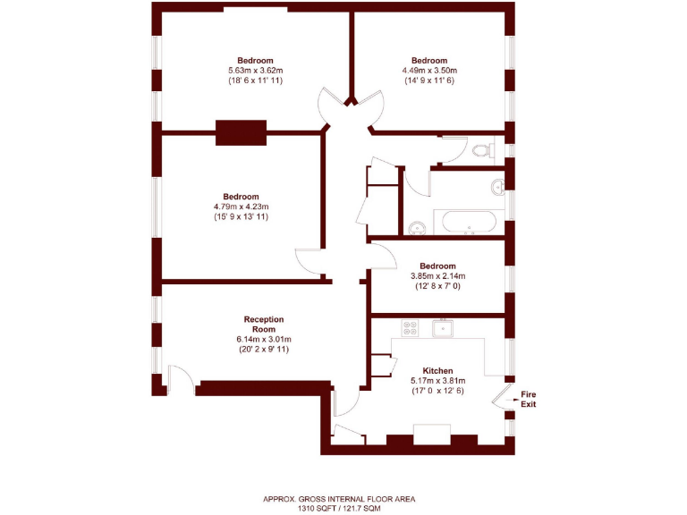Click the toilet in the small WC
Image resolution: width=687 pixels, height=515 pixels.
tap(480, 149)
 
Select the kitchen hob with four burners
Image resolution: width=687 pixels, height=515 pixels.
tap(411, 328)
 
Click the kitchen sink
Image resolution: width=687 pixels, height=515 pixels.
tap(443, 329)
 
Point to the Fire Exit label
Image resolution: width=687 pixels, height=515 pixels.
tap(530, 399)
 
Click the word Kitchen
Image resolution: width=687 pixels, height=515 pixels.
tap(437, 370)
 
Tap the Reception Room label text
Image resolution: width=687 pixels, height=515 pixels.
tap(264, 324)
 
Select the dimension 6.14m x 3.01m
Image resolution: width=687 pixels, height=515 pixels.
tap(264, 339)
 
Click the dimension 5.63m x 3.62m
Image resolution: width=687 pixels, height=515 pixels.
tap(255, 71)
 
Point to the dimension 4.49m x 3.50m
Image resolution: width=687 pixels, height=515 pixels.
tap(428, 71)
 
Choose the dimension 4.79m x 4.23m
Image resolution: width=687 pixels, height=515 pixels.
tap(241, 207)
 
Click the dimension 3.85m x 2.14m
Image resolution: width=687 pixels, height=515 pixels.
tap(437, 276)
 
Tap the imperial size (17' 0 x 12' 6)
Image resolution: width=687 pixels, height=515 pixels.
tap(437, 391)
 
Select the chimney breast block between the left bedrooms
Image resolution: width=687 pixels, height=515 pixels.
tap(242, 132)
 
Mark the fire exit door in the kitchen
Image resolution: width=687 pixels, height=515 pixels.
tap(503, 397)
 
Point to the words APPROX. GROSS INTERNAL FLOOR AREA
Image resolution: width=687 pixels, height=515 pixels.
tap(339, 499)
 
